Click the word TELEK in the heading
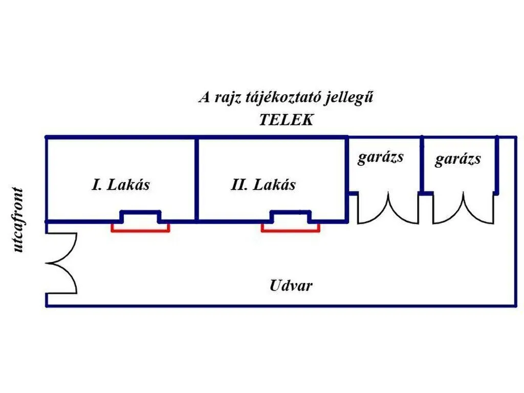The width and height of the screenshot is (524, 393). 287,120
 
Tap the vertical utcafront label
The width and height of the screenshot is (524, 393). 18,220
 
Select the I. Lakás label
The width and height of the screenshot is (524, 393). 121,184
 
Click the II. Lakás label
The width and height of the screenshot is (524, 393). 263,184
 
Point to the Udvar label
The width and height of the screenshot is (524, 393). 291,286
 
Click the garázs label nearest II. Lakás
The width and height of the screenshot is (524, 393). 380,157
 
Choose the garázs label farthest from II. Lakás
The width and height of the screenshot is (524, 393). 458,159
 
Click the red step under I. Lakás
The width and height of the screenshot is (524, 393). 140,231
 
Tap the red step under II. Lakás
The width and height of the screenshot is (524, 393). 291,231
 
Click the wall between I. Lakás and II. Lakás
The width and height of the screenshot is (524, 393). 197,179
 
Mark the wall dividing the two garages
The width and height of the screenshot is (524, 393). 422,165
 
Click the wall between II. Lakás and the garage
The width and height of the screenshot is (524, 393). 347,179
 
